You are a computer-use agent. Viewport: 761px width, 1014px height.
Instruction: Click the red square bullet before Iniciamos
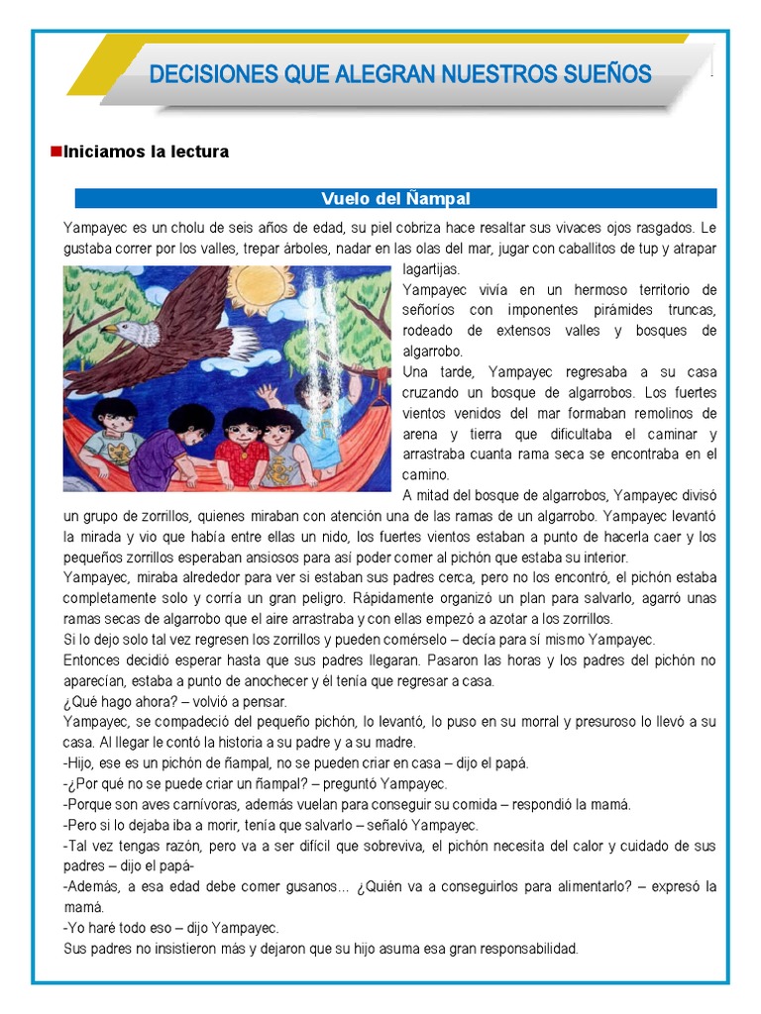pos(56,152)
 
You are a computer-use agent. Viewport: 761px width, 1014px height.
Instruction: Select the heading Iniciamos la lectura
pos(146,152)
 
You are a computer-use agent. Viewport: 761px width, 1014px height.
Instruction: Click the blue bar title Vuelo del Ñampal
pos(396,199)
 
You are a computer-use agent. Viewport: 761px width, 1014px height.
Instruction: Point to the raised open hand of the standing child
pos(266,393)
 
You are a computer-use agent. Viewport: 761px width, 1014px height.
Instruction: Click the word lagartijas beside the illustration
pos(433,269)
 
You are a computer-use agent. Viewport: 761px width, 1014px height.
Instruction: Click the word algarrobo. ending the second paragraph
pos(433,352)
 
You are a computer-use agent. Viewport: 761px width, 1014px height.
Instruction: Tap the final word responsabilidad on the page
pos(519,949)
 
